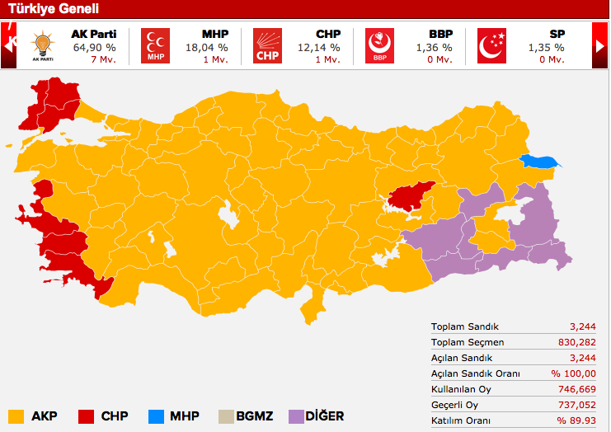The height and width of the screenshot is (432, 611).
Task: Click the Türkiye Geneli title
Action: pyautogui.click(x=54, y=9)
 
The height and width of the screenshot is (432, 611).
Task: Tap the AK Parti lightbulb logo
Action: pyautogui.click(x=42, y=46)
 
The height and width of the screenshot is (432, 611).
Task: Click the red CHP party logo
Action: pyautogui.click(x=267, y=46)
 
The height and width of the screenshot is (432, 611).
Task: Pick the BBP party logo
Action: pyautogui.click(x=379, y=46)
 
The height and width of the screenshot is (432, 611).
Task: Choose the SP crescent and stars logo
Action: pyautogui.click(x=492, y=46)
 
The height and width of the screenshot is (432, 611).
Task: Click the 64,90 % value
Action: pyautogui.click(x=94, y=48)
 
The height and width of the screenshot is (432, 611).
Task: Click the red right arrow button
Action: pyautogui.click(x=600, y=46)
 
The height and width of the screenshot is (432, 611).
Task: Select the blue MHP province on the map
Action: pyautogui.click(x=538, y=162)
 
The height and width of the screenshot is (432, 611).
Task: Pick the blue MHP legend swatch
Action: pyautogui.click(x=153, y=416)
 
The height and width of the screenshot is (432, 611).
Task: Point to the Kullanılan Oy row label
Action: pyautogui.click(x=463, y=389)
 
